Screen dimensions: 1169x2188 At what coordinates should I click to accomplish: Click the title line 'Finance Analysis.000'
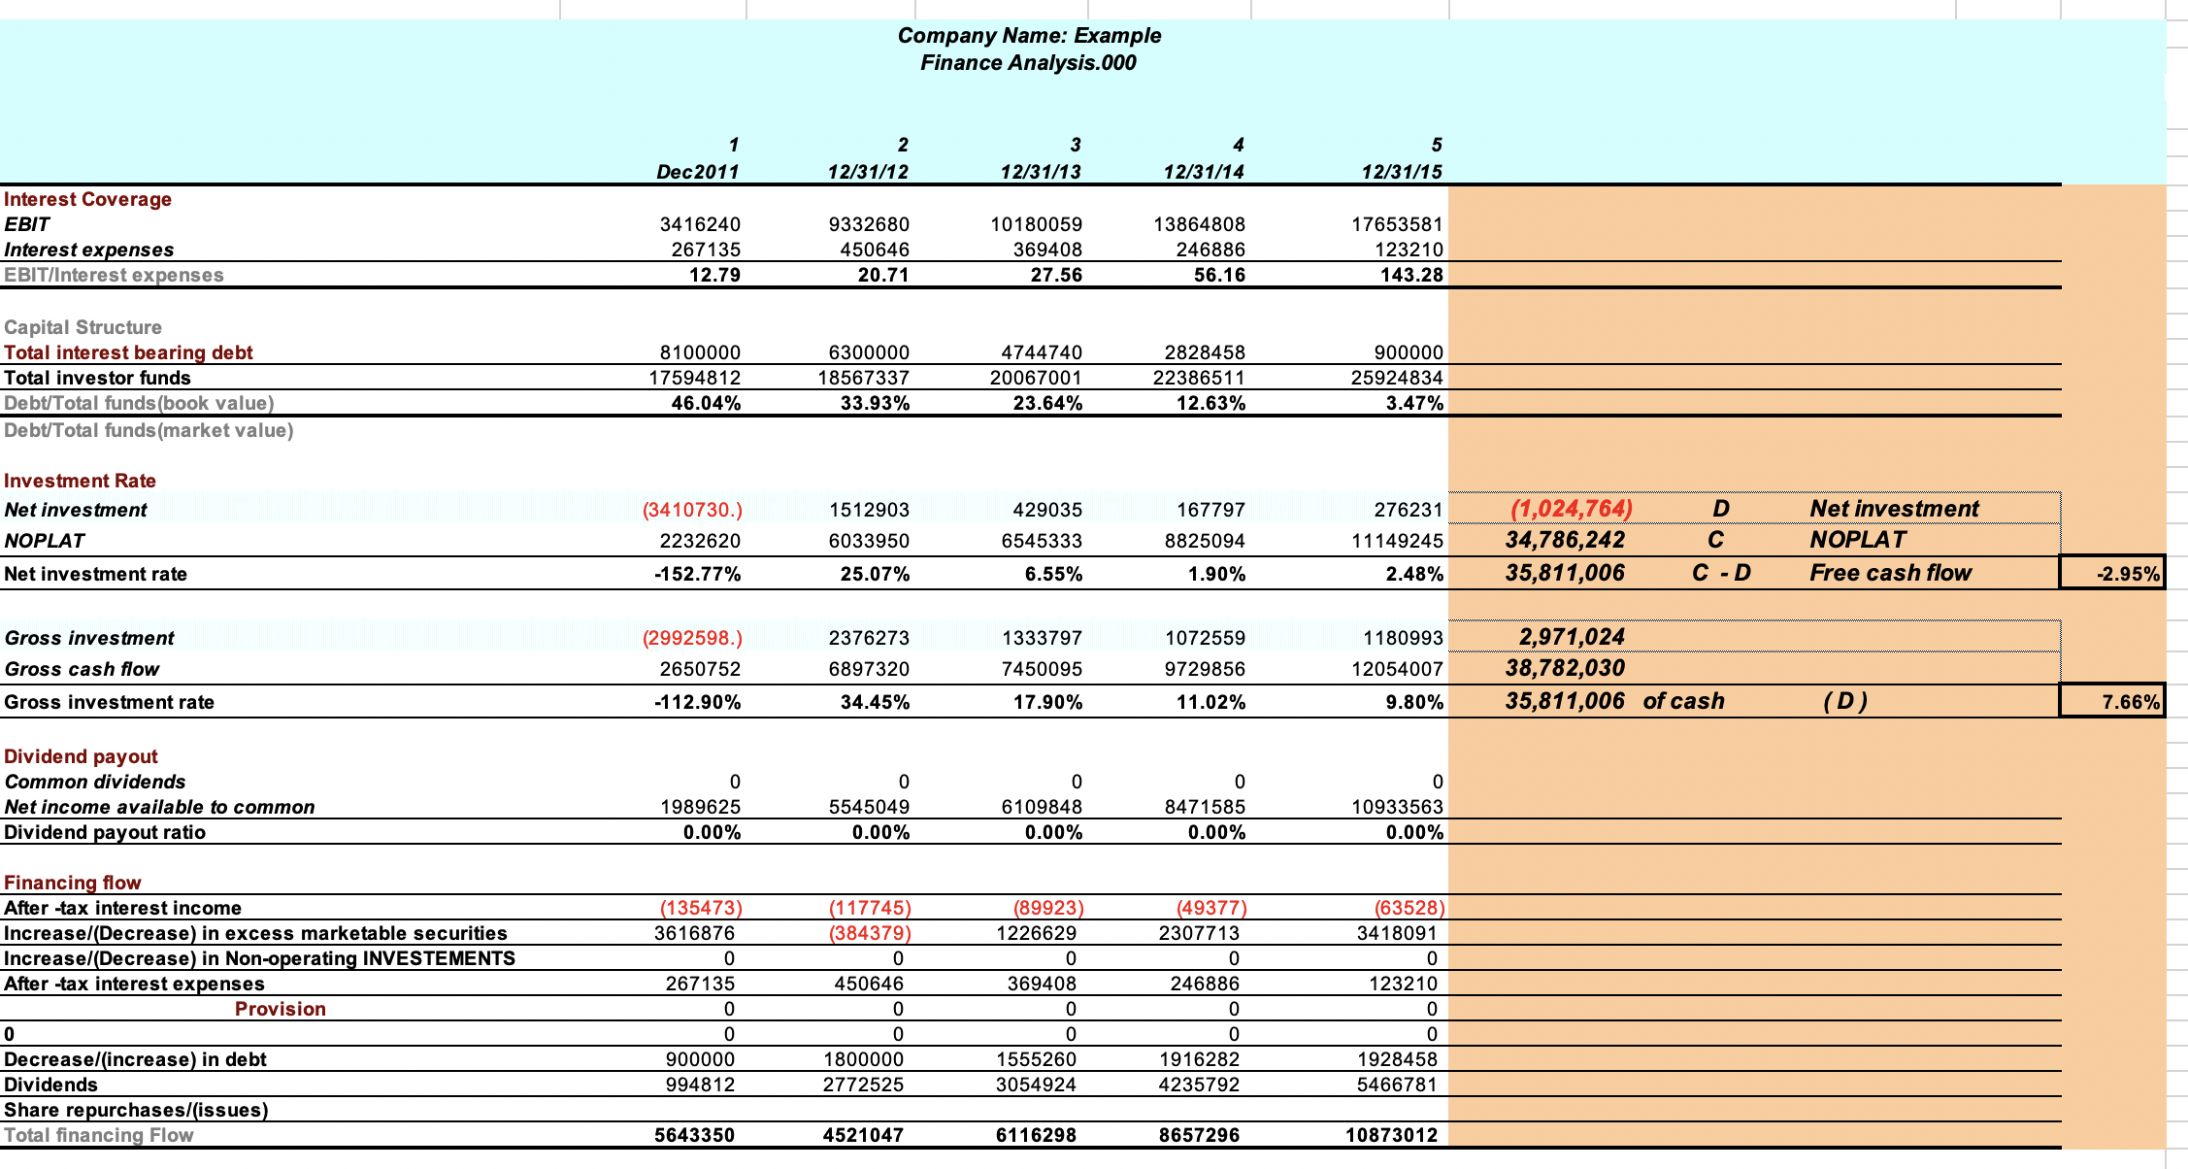pyautogui.click(x=1028, y=63)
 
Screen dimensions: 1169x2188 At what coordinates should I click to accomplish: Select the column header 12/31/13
pyautogui.click(x=1040, y=172)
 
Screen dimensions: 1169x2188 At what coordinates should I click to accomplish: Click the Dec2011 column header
pyautogui.click(x=697, y=172)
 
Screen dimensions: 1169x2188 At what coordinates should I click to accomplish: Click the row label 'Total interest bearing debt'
pyautogui.click(x=128, y=352)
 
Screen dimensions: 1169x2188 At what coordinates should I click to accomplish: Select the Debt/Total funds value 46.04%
pyautogui.click(x=706, y=403)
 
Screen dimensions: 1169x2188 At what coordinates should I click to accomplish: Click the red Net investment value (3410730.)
pyautogui.click(x=692, y=510)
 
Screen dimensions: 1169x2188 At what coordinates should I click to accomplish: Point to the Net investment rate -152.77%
pyautogui.click(x=697, y=574)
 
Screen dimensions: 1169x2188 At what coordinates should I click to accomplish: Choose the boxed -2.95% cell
pyautogui.click(x=2112, y=573)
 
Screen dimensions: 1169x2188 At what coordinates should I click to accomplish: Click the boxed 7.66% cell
pyautogui.click(x=2112, y=701)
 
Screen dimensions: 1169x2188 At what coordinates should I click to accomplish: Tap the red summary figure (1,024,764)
pyautogui.click(x=1571, y=509)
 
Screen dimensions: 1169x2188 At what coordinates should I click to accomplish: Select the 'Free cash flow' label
pyautogui.click(x=1890, y=573)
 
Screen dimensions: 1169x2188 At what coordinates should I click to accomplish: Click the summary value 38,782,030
pyautogui.click(x=1564, y=668)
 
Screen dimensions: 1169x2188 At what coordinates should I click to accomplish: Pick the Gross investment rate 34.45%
pyautogui.click(x=875, y=702)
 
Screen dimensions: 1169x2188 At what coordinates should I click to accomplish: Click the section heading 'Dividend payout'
pyautogui.click(x=81, y=756)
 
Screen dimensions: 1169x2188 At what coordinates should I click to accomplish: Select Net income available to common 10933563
pyautogui.click(x=1397, y=807)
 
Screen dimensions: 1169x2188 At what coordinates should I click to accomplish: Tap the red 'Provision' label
pyautogui.click(x=280, y=1009)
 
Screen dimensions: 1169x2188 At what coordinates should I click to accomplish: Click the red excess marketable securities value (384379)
pyautogui.click(x=869, y=933)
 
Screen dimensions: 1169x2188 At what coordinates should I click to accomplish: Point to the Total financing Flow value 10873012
pyautogui.click(x=1391, y=1135)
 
